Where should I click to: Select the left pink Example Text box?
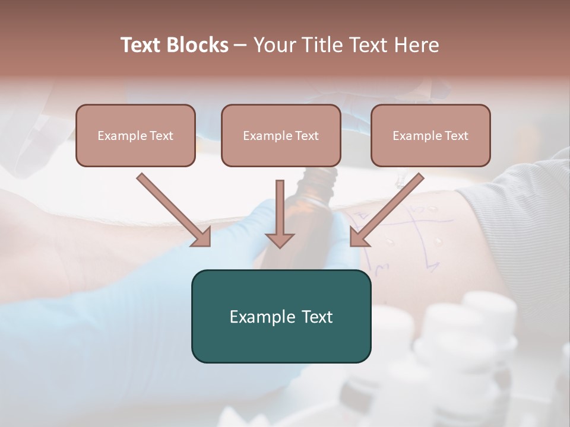point(135,135)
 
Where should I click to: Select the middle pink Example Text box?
point(281,135)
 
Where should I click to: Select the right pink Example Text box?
point(430,135)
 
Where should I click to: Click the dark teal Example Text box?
point(281,316)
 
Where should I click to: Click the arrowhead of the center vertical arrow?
point(280,240)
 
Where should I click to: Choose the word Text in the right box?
point(456,136)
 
